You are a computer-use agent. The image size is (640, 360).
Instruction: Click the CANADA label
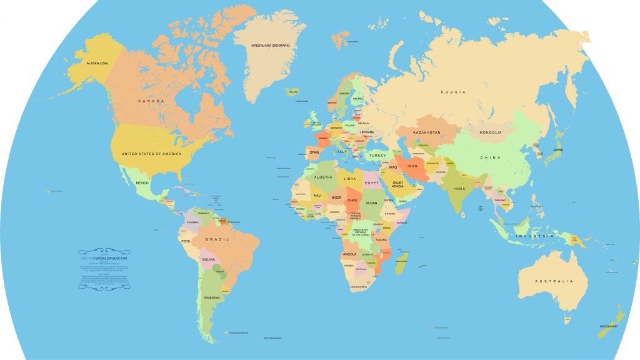(151, 101)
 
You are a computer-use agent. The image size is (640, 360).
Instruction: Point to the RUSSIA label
(453, 92)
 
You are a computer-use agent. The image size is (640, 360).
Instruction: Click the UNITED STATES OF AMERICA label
(152, 154)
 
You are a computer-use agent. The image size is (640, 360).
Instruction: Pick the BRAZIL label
(217, 239)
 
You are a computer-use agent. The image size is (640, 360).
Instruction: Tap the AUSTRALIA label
(553, 282)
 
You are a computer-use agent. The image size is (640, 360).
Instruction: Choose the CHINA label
(491, 157)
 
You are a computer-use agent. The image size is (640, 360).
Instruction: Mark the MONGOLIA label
(491, 132)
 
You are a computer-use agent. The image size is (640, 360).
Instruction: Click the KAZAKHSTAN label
(427, 132)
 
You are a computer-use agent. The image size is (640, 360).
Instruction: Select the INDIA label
(459, 189)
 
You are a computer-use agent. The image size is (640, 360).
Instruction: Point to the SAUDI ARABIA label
(398, 184)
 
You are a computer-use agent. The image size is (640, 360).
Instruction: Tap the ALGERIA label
(323, 177)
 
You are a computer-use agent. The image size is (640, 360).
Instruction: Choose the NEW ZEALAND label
(609, 327)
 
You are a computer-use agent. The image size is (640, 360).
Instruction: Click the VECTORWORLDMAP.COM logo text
(104, 257)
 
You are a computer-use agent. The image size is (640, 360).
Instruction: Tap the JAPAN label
(558, 150)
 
